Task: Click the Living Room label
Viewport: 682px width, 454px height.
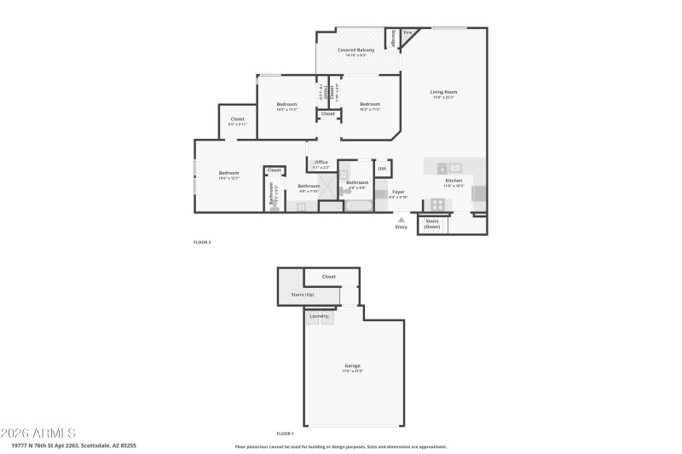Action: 443,92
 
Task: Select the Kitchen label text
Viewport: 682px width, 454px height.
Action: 454,181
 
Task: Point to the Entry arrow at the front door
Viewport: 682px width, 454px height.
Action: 401,220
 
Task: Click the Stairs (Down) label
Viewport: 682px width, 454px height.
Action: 432,224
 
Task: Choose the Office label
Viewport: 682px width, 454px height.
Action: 321,162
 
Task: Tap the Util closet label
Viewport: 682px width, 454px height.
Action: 382,169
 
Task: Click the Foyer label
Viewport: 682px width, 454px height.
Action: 398,193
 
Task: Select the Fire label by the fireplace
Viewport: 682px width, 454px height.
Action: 407,32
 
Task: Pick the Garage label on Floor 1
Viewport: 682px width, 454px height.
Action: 353,365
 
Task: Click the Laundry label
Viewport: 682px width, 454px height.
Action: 320,316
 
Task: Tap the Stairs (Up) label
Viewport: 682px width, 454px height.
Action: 303,295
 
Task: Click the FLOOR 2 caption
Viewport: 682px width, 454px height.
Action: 202,243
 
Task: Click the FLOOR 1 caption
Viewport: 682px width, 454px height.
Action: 286,434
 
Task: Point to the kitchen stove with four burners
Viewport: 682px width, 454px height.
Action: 437,204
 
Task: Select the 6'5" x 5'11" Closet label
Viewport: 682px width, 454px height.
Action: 237,119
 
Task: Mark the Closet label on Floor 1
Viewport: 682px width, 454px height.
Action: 329,277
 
